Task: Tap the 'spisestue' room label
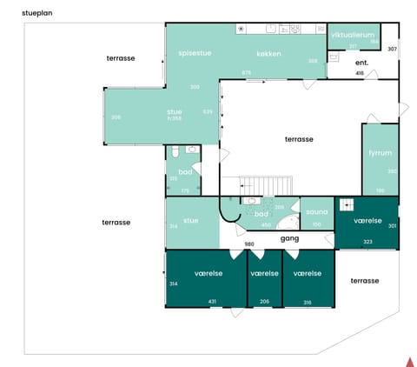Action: click(195, 52)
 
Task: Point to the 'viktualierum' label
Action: click(352, 35)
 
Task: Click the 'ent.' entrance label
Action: click(362, 63)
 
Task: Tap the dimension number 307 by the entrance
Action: click(392, 49)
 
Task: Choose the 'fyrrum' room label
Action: click(381, 151)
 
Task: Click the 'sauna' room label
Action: click(316, 210)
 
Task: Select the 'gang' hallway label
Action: click(289, 237)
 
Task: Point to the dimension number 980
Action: click(249, 244)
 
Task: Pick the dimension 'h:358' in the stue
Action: click(174, 118)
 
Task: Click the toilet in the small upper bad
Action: click(175, 151)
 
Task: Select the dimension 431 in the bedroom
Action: click(211, 302)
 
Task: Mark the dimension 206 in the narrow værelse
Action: click(264, 302)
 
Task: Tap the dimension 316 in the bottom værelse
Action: click(307, 302)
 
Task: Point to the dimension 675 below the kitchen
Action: click(246, 72)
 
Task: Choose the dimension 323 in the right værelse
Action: click(367, 242)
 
